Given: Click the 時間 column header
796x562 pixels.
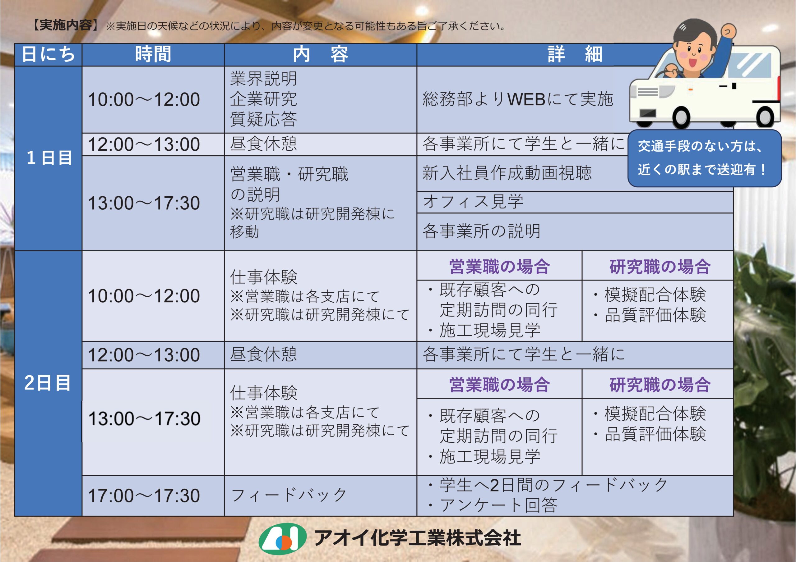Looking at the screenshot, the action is [153, 54].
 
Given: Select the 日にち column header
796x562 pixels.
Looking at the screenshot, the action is [48, 54].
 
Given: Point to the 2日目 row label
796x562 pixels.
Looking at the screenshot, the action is [48, 383].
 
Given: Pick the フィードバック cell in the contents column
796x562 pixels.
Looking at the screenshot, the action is [289, 495].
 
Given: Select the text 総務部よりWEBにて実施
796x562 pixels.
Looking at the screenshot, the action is [518, 99].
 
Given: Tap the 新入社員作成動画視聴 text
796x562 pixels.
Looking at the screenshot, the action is [507, 173].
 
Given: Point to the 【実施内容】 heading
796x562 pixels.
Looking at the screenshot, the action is [65, 25].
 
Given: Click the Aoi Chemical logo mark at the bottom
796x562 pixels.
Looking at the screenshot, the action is [282, 538].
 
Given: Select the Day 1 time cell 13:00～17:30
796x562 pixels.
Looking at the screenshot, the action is [144, 203].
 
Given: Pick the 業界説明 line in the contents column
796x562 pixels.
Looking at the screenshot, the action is [263, 79].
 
